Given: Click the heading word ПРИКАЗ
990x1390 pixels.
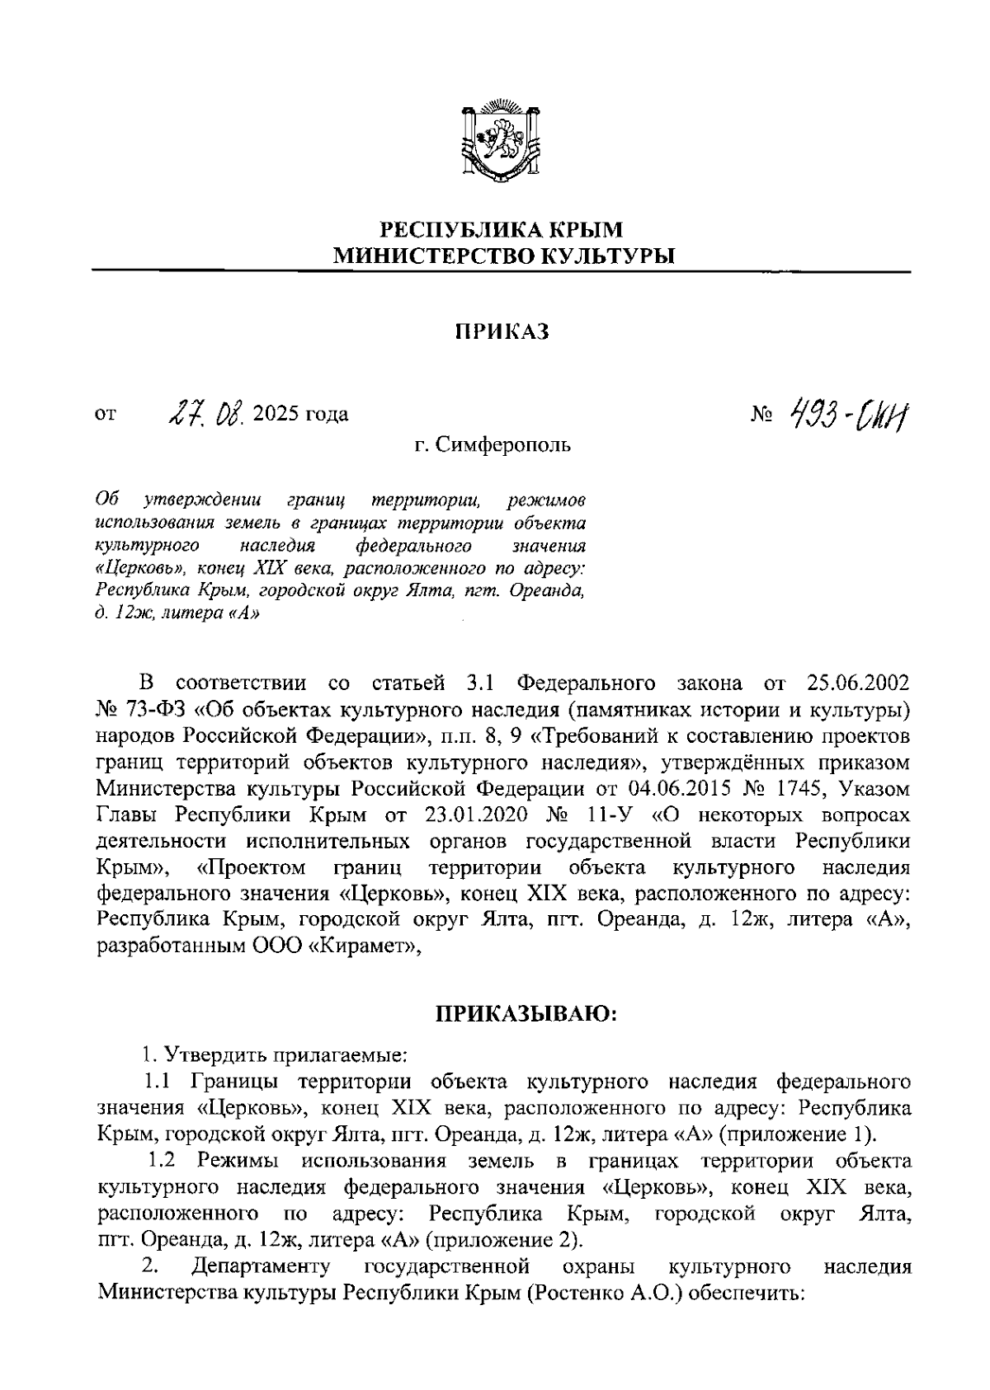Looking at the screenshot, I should [502, 331].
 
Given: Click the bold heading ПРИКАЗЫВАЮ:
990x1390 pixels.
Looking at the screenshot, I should [526, 1014].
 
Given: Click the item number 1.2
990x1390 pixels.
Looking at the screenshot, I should [163, 1161].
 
